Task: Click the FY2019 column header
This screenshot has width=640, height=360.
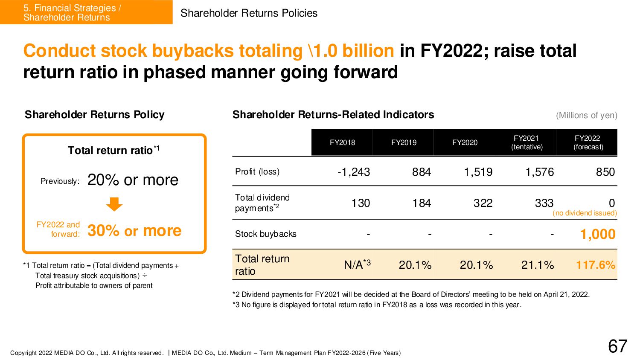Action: [404, 142]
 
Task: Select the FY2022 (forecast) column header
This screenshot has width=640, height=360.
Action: [588, 142]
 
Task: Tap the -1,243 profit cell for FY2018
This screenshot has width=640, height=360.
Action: [353, 172]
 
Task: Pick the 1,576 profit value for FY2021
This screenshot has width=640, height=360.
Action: [539, 172]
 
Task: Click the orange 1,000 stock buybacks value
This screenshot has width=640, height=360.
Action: [597, 234]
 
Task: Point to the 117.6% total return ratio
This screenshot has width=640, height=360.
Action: [596, 265]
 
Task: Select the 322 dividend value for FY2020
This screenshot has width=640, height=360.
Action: [483, 203]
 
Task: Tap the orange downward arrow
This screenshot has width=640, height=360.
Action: [114, 204]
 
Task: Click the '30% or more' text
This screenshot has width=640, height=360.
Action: [134, 231]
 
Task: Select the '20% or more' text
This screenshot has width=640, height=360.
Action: [133, 180]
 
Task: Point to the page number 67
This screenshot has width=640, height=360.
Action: [617, 346]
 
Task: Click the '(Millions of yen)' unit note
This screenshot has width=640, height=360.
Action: [586, 115]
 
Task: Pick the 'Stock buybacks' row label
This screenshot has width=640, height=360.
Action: [265, 234]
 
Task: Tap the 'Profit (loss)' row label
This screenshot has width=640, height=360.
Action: [257, 171]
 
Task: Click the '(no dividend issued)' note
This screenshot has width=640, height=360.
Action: [585, 213]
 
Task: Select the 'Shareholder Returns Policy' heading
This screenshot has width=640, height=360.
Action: [94, 115]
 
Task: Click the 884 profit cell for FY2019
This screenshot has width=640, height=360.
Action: [421, 172]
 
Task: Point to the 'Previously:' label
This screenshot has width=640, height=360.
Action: [60, 181]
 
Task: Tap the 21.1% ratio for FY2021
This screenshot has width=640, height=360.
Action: [537, 265]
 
